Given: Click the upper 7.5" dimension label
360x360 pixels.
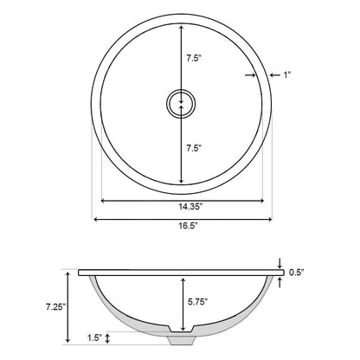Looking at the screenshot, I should pos(195,60).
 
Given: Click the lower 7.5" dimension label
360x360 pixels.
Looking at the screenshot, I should pos(195,149).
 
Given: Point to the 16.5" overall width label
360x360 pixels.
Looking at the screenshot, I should pos(180,229).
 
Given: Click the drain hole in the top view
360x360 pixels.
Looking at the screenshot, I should pos(180,103).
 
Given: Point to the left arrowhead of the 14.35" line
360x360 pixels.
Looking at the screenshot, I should pos(105,201).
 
